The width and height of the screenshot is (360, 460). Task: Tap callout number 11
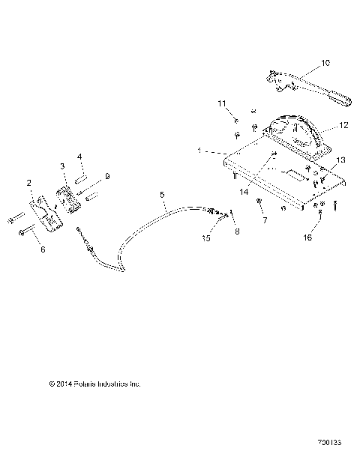[221, 103]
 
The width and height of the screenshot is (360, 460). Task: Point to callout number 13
[342, 160]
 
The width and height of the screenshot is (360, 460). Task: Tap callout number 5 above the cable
[162, 196]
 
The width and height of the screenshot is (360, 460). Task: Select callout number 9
[107, 176]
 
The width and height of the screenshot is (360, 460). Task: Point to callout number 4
[81, 157]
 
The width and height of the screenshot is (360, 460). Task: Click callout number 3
[63, 166]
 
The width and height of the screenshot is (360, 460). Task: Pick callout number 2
[28, 182]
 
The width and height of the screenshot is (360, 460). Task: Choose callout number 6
[43, 249]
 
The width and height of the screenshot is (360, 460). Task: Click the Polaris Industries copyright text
[94, 384]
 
